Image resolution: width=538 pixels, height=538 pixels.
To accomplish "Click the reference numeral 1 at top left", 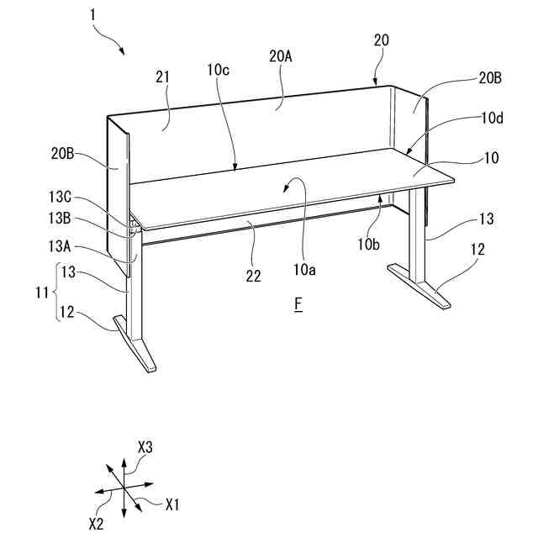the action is coord(90,16).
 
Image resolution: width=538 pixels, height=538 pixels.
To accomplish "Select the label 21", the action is coord(162,76).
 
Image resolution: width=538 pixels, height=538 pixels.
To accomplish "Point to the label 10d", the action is coord(493,119).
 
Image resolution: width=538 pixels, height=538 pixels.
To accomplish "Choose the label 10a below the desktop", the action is coord(305,270).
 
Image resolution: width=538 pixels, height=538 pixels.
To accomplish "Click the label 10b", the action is coord(369,245).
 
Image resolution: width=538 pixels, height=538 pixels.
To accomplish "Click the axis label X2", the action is coord(98,522).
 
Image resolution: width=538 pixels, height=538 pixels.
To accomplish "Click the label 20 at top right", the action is coord(381,40).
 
